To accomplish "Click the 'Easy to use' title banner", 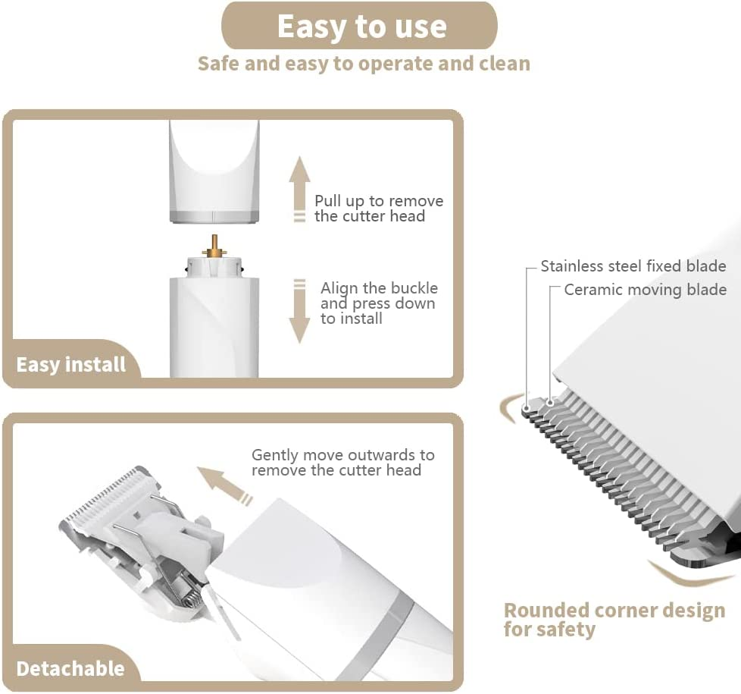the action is point(359,26).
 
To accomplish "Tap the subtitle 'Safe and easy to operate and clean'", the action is point(364,64).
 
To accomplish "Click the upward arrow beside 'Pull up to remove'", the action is point(299,189).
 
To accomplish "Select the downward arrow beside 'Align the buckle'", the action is point(299,311).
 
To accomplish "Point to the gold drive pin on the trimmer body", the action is point(214,247).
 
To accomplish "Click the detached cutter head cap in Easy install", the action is point(214,171).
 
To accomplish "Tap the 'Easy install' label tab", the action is point(71,365).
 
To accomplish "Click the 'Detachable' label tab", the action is point(70,668).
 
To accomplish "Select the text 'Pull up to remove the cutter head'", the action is point(379,208).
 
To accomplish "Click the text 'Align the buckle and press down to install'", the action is point(379,303).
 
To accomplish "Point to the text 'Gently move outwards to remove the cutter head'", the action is point(342,462).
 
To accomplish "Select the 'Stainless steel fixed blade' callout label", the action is point(633,266).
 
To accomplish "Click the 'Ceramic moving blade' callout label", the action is point(645,290).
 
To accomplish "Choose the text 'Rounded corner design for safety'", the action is point(614,620).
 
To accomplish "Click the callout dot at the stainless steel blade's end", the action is point(526,407).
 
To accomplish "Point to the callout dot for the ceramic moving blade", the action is point(550,403).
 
